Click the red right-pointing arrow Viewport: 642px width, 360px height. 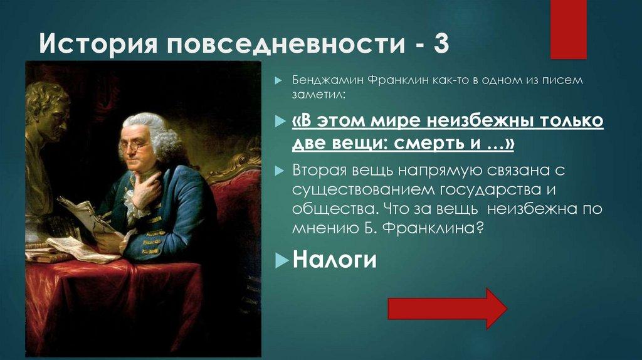pyautogui.click(x=447, y=308)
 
